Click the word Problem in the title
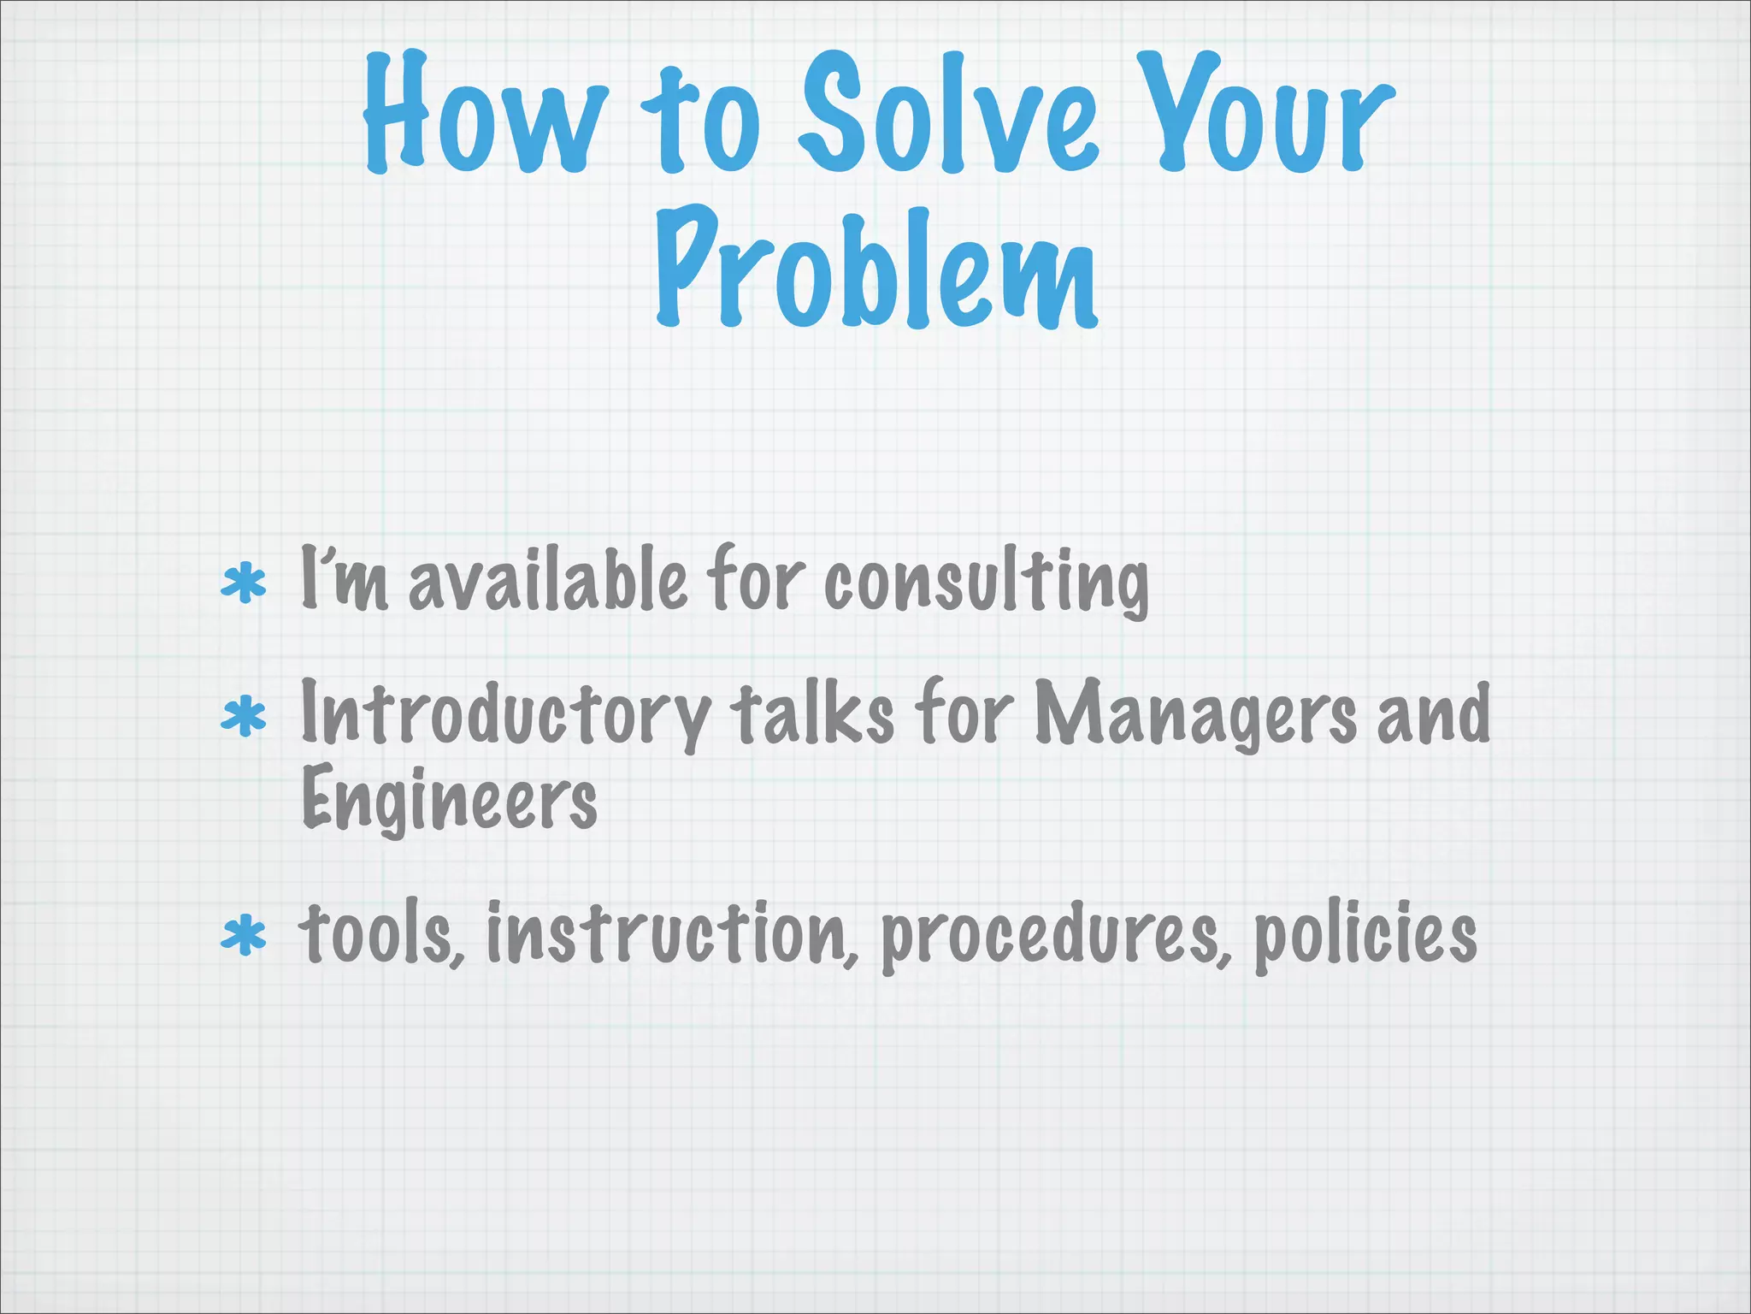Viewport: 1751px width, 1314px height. [877, 269]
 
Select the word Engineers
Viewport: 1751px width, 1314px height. [450, 799]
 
